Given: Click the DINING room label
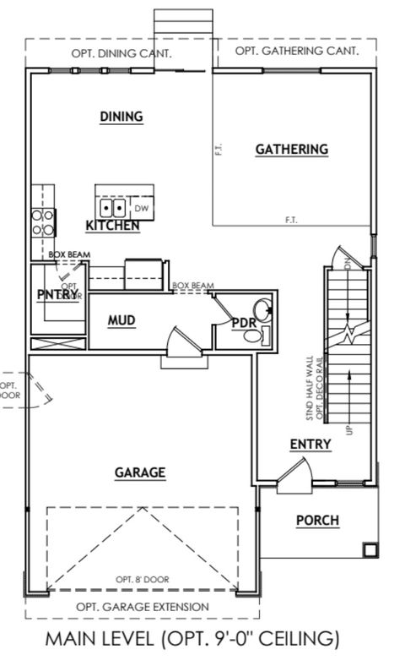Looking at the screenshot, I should pos(121,117).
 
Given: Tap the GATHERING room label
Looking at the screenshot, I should pos(291,150).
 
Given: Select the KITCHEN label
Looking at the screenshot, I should pos(112,226).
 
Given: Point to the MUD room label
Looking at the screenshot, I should pos(122,320).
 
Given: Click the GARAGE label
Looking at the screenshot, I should pos(140,472).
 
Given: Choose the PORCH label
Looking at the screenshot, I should pos(317,520).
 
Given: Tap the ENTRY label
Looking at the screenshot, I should pos(310,445).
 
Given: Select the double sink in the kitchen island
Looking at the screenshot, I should pos(112,207).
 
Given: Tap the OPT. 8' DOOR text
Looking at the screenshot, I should pos(143,579).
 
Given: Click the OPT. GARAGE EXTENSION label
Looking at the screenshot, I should pos(143,606).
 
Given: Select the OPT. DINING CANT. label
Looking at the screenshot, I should pos(123,52).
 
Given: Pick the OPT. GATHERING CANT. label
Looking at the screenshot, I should pos(296,51).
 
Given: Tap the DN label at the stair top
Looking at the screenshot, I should pos(349,264).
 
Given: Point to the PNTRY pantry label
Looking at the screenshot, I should pos(57,294).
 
